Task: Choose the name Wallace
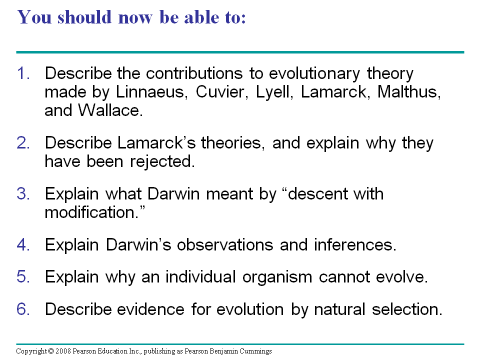pyautogui.click(x=110, y=110)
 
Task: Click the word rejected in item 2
pyautogui.click(x=162, y=161)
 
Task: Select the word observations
pyautogui.click(x=225, y=244)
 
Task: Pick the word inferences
pyautogui.click(x=355, y=244)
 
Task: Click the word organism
pyautogui.click(x=277, y=277)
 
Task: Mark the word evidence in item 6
pyautogui.click(x=150, y=309)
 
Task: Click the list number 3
pyautogui.click(x=23, y=194)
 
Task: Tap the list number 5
pyautogui.click(x=23, y=276)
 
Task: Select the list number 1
pyautogui.click(x=23, y=73)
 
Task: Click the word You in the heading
pyautogui.click(x=34, y=17)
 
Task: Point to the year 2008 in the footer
pyautogui.click(x=63, y=351)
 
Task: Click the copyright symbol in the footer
pyautogui.click(x=51, y=351)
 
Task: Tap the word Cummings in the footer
pyautogui.click(x=255, y=351)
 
